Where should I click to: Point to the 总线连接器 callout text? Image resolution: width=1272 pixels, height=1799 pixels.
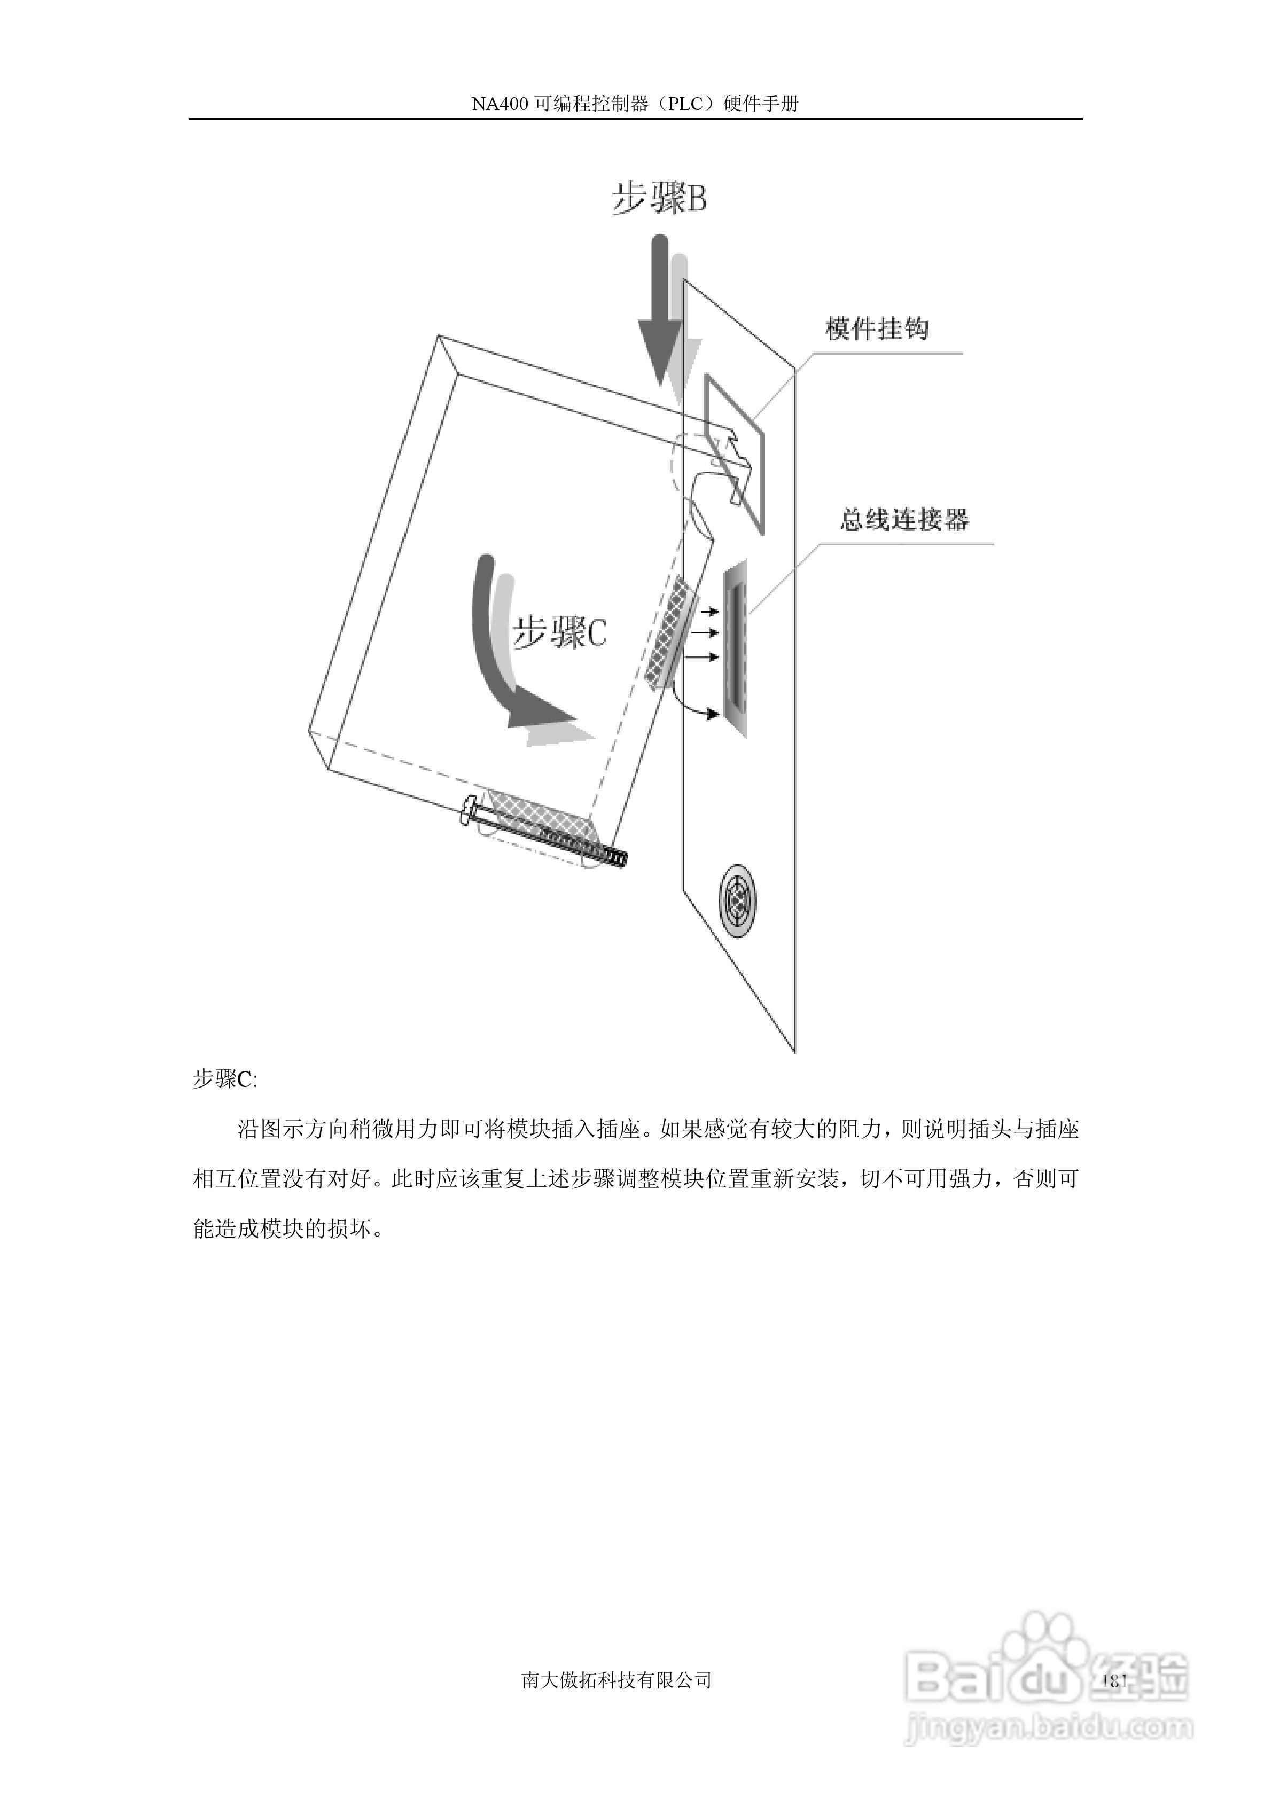pos(903,520)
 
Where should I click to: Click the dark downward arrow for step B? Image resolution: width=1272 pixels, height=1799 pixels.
pos(658,314)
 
